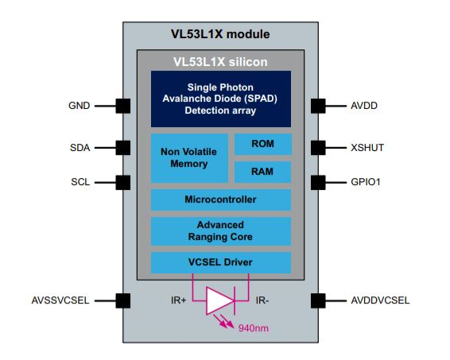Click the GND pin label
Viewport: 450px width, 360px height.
(x=80, y=106)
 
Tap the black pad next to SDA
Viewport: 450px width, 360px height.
(x=123, y=148)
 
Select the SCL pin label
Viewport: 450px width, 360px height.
(x=80, y=182)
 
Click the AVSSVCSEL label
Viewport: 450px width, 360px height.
(x=60, y=300)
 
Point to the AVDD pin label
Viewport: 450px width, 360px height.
(x=364, y=106)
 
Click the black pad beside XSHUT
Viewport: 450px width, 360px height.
(x=318, y=148)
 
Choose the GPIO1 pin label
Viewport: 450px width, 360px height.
(x=366, y=182)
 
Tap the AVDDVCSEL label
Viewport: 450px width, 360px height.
(x=380, y=300)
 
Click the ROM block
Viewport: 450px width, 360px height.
(x=263, y=144)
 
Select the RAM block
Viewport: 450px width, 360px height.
(x=263, y=172)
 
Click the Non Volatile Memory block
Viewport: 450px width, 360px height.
(x=189, y=158)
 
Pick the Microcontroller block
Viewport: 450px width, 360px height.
(x=221, y=199)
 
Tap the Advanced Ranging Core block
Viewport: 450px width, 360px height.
(x=221, y=231)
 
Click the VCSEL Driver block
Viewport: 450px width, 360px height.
(x=221, y=263)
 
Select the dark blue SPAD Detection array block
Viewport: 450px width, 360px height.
(x=221, y=99)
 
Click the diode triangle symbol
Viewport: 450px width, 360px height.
(x=219, y=301)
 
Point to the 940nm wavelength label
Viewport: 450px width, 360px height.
(x=254, y=327)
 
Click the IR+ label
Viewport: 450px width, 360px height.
(x=179, y=300)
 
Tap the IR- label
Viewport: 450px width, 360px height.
(x=262, y=300)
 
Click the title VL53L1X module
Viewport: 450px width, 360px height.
(x=220, y=34)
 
